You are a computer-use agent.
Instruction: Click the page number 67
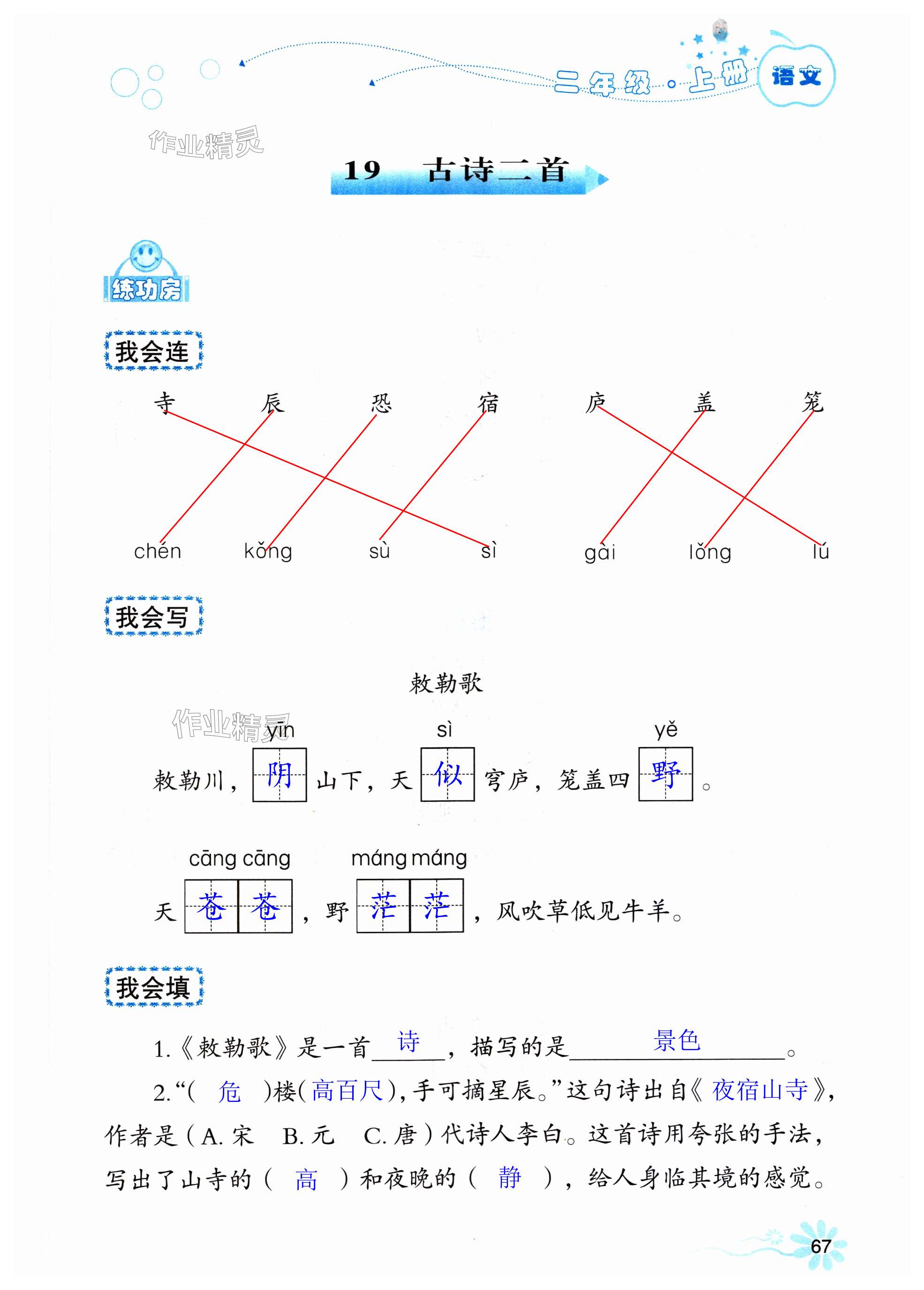[x=820, y=1246]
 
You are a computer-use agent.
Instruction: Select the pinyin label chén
[x=158, y=551]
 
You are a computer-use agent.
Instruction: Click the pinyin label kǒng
[x=268, y=551]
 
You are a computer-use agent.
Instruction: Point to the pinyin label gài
[x=600, y=552]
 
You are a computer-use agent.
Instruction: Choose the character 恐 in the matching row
[x=381, y=403]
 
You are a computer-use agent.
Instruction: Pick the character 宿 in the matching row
[x=488, y=403]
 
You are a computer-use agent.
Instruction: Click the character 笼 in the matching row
[x=812, y=401]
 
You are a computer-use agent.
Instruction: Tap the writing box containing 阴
[x=280, y=775]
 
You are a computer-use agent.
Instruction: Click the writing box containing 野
[x=665, y=774]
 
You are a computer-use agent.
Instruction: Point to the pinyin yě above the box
[x=666, y=730]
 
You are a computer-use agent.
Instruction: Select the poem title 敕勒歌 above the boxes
[x=446, y=683]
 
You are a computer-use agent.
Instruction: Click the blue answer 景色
[x=676, y=1041]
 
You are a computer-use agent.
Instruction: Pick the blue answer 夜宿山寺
[x=759, y=1090]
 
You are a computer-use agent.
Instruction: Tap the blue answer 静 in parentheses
[x=509, y=1177]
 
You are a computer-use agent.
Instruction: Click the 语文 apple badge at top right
[x=796, y=75]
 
